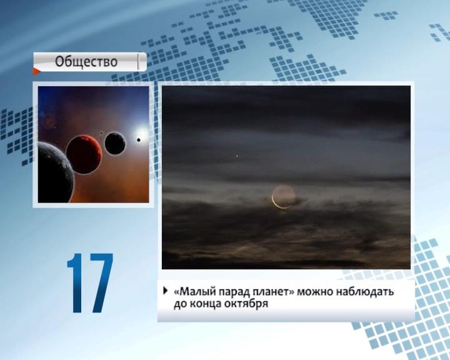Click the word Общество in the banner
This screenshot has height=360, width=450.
point(86,62)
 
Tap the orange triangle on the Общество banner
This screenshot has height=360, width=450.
point(36,71)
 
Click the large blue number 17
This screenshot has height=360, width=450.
point(90,282)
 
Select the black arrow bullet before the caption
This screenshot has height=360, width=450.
point(165,291)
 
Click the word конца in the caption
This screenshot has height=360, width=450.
point(206,304)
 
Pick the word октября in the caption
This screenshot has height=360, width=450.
point(246,304)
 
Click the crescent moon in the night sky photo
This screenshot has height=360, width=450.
point(277,201)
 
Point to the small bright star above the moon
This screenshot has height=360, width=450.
point(237,156)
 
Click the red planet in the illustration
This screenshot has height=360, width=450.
point(84,154)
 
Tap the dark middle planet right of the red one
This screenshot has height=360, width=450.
point(115,143)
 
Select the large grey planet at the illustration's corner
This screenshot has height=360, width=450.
point(54,173)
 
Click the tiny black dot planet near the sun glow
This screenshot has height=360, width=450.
point(139,140)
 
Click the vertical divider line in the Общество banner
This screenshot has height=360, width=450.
point(138,62)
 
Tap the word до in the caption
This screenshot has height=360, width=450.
point(180,304)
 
